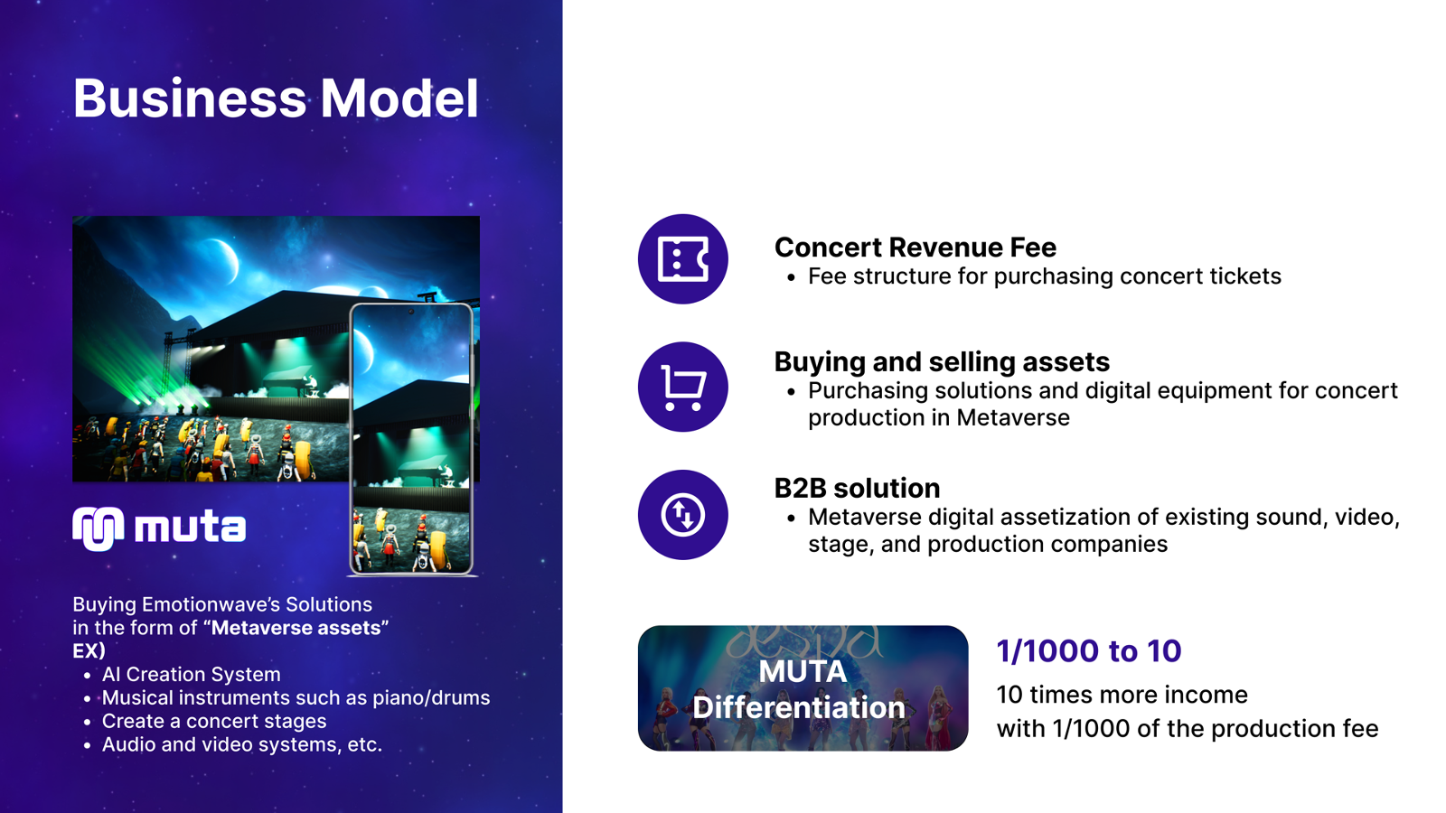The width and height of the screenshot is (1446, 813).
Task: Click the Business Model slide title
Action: coord(276,98)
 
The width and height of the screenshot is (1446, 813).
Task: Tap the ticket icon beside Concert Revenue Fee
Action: coord(683,259)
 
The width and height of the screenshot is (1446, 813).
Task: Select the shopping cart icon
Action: coord(683,388)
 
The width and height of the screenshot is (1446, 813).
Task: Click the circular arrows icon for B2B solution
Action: coord(683,515)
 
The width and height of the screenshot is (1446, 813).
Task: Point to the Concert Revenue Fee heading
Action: coord(915,248)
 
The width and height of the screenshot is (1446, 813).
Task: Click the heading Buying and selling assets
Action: coord(942,362)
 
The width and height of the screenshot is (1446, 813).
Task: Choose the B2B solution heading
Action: coord(857,489)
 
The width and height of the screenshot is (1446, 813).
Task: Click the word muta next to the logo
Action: coord(190,528)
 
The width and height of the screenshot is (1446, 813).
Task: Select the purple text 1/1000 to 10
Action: coord(1089,650)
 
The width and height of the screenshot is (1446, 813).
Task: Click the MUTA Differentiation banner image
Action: coord(803,687)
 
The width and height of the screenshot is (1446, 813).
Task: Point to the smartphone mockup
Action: coord(411,439)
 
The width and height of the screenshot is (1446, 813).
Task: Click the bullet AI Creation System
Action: coord(191,674)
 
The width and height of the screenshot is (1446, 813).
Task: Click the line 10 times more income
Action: coord(1122,695)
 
